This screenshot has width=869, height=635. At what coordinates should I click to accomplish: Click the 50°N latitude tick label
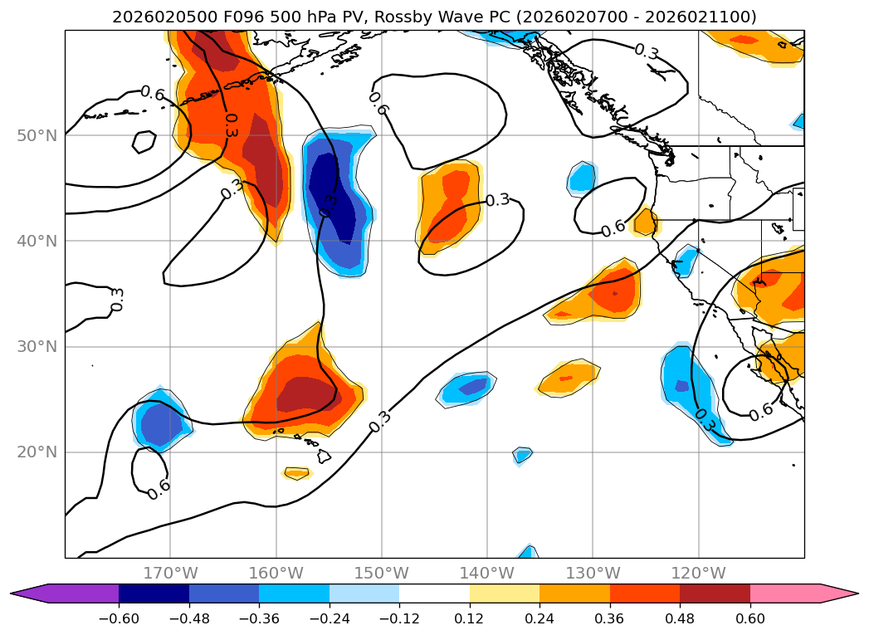pos(37,135)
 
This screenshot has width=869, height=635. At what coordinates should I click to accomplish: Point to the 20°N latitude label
pos(37,452)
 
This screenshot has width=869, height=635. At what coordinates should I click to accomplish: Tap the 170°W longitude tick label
pos(170,573)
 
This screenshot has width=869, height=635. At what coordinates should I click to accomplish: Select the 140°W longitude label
pos(487,573)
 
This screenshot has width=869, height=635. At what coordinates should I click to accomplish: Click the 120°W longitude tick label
pos(699,573)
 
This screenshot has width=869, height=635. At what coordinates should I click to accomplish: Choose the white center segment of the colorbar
pos(434,593)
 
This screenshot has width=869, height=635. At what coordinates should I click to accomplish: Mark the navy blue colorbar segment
pos(154,593)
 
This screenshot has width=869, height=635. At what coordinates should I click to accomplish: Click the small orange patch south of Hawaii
pos(296,473)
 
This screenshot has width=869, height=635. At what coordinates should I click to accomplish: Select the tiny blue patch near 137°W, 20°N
pos(522,454)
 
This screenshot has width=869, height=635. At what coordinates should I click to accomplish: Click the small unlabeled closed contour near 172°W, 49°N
pos(144,142)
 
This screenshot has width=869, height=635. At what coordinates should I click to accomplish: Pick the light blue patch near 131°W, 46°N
pos(583,178)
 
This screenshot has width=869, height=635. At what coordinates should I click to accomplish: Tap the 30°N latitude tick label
pos(37,347)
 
